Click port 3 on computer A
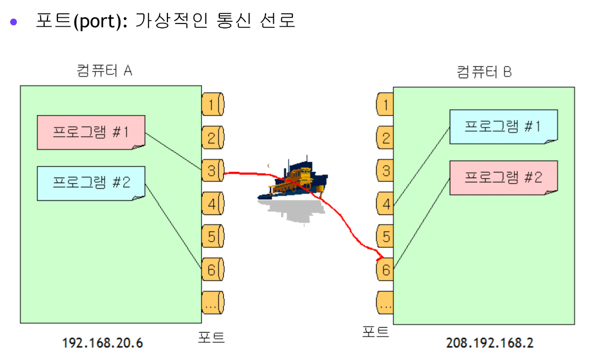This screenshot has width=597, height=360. [213, 170]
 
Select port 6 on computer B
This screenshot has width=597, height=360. [386, 269]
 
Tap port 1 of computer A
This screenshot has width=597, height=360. [213, 104]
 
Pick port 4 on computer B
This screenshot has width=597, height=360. [386, 204]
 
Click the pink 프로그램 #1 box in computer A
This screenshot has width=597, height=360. [91, 132]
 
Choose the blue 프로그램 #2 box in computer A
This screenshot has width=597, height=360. [91, 183]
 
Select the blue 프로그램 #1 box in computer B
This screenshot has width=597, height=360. [503, 127]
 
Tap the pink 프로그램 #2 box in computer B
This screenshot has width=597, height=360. [503, 177]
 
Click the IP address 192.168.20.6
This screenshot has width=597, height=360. [102, 343]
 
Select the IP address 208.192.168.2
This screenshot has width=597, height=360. [489, 343]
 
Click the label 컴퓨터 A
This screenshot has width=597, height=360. [104, 70]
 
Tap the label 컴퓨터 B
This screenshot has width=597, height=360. [484, 72]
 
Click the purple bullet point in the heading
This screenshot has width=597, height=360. [14, 22]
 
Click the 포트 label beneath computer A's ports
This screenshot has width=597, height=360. [211, 337]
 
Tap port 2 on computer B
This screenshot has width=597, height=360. [386, 137]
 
